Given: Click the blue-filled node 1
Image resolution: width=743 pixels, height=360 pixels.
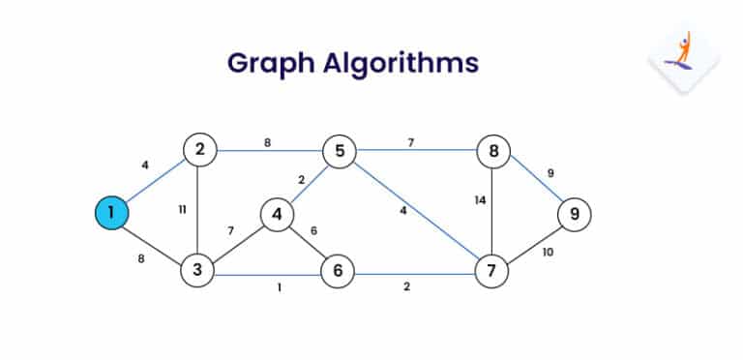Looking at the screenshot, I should (112, 213).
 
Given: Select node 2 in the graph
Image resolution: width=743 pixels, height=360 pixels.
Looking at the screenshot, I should (198, 150).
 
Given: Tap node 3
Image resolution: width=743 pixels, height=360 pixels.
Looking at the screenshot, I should (197, 270).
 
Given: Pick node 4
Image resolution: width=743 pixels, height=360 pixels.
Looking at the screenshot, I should (277, 214).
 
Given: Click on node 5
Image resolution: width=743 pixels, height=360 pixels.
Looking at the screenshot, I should (340, 151).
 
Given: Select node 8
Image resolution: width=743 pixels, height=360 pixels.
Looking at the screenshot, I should (493, 151).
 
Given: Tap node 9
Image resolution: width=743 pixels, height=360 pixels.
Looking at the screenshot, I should (575, 214).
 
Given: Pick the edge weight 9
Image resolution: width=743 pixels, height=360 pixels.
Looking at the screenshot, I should (550, 174).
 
